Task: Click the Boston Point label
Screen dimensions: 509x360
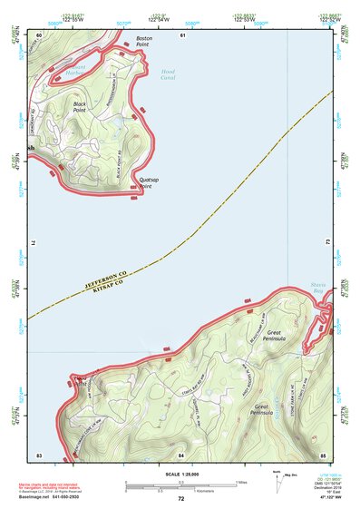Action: [x=142, y=42]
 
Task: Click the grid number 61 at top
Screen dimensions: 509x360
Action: [x=182, y=34]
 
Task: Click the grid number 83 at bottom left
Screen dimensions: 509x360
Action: [x=39, y=454]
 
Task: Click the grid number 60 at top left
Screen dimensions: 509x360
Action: [x=39, y=34]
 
